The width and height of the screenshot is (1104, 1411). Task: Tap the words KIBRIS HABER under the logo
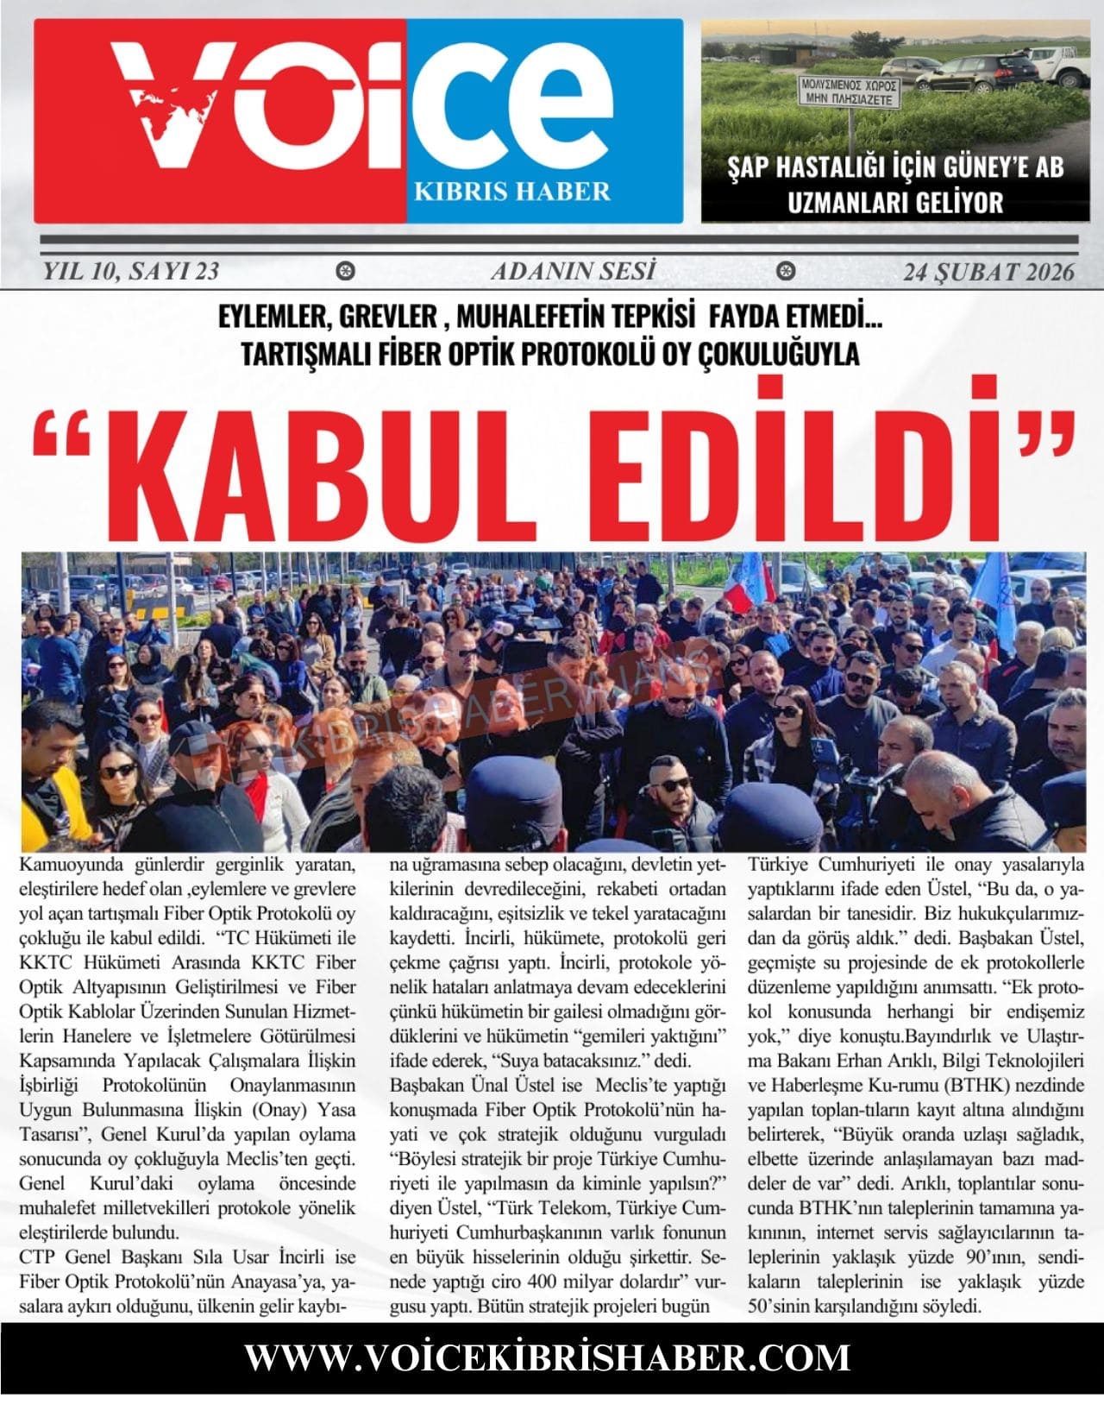[x=512, y=191]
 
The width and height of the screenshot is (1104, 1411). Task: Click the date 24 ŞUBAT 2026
[x=989, y=273]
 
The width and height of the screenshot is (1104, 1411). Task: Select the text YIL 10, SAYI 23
[x=130, y=272]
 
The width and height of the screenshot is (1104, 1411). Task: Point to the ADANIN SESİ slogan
[x=573, y=272]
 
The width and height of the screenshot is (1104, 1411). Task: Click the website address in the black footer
[x=548, y=1356]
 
